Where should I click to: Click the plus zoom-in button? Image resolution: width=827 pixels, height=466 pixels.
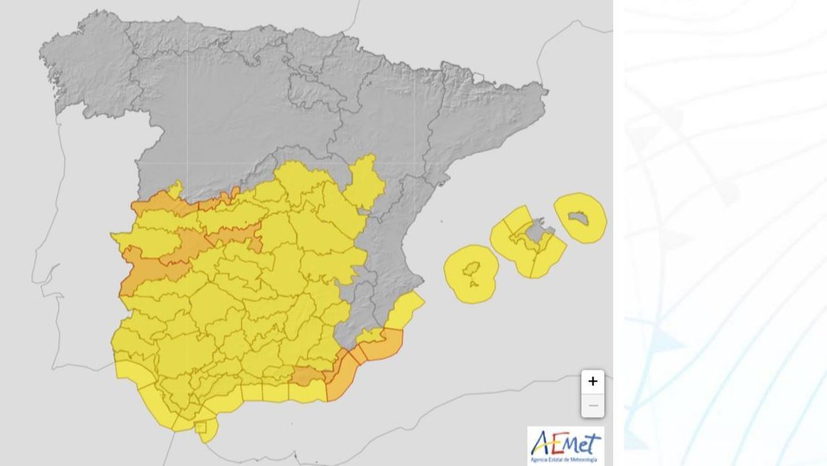(593, 382)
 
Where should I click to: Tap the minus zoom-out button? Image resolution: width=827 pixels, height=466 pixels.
(593, 405)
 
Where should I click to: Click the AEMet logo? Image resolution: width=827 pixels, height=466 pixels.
(566, 446)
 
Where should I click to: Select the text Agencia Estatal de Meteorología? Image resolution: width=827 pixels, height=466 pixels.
(566, 461)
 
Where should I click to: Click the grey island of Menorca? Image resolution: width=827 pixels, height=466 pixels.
(581, 216)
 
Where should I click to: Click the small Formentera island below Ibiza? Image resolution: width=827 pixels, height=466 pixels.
(473, 284)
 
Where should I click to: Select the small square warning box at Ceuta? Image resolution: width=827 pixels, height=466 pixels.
(200, 427)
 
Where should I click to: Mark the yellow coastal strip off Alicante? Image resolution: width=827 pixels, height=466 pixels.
(406, 309)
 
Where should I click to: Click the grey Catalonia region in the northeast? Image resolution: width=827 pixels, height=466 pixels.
(488, 119)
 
